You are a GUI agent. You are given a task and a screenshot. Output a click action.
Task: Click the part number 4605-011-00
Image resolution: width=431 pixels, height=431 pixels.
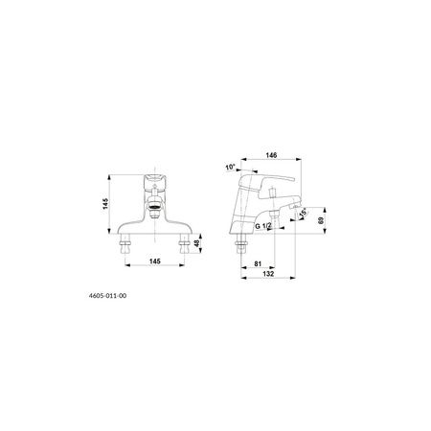tap(107, 296)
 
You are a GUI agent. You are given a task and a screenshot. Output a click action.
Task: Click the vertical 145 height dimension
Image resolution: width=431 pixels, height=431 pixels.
tap(105, 204)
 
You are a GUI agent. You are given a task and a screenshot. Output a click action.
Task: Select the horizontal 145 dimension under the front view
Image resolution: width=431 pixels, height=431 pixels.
tap(155, 261)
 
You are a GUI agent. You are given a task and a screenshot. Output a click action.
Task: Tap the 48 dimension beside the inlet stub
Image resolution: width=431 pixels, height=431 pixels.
tap(197, 243)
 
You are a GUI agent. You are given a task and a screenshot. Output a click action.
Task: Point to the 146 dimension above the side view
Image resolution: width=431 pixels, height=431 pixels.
tap(271, 155)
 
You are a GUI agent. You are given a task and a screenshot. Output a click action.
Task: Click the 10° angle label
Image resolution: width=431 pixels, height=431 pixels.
tap(230, 168)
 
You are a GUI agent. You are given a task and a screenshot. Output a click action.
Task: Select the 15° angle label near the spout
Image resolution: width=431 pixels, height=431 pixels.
tap(303, 212)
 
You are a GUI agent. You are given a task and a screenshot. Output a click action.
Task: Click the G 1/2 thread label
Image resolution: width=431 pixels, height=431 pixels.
tap(263, 226)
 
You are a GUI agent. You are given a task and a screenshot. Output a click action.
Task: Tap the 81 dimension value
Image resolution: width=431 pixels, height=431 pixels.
tap(258, 264)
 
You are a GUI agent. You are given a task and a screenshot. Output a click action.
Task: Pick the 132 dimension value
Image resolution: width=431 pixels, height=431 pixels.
tap(268, 274)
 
